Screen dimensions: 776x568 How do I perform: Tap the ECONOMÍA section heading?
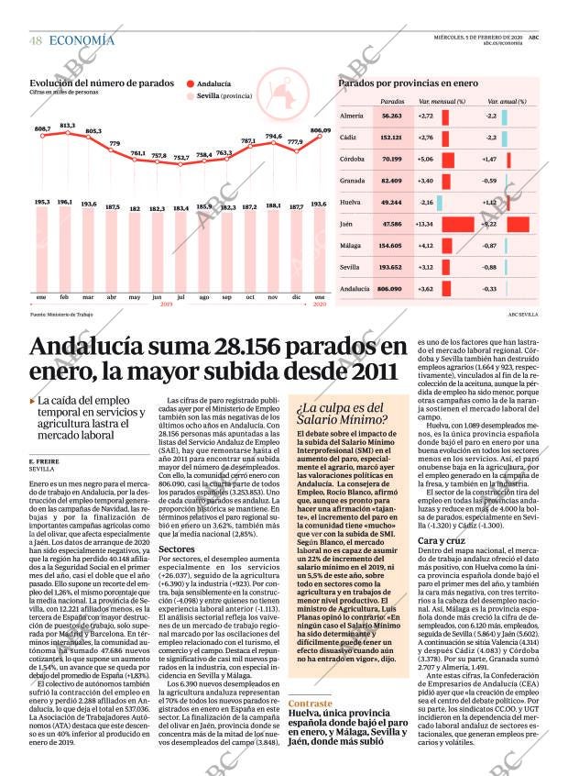click(82, 40)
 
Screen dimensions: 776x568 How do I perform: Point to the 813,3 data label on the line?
click(67, 125)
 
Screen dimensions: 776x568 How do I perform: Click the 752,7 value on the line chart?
click(181, 157)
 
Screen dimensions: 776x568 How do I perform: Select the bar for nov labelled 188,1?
click(273, 251)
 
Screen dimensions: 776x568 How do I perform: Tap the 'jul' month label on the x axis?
click(180, 297)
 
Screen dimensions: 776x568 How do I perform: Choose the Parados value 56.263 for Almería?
click(391, 116)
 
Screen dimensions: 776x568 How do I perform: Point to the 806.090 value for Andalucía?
click(390, 289)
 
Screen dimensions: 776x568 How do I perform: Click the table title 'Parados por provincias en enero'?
click(408, 83)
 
